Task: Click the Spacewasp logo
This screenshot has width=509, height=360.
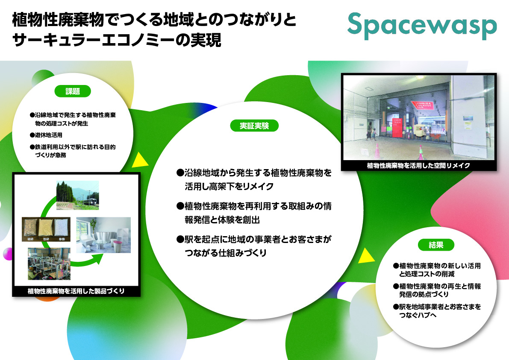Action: [x=422, y=26]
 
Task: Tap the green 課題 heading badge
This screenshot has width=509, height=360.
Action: [x=72, y=91]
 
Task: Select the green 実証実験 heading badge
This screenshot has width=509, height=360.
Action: [x=254, y=126]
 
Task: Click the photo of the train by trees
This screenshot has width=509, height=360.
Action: [x=77, y=195]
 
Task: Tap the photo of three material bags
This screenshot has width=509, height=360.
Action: [x=46, y=229]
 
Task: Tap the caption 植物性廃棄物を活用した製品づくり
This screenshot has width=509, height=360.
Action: [x=76, y=292]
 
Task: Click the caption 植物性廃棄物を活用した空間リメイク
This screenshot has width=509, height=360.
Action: [x=418, y=165]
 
